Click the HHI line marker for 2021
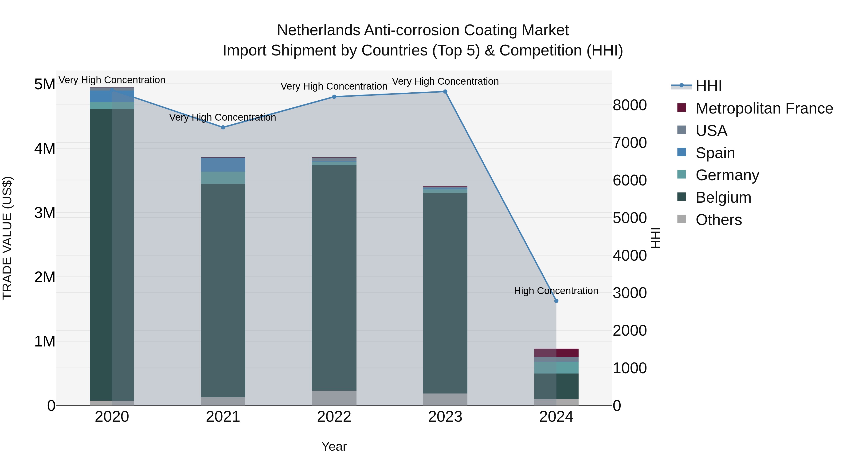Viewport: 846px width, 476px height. pos(223,127)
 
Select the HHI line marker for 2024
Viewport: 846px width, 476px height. pos(556,301)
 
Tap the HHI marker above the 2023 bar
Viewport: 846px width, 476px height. pos(445,92)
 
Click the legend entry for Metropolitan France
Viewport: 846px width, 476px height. pos(764,108)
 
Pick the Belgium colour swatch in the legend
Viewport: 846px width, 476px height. pos(681,197)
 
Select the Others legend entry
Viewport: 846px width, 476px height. pos(719,220)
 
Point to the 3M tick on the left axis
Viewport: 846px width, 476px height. pos(45,213)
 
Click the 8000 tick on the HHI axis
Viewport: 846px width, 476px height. pos(630,106)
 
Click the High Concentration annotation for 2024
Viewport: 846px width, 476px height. pos(556,291)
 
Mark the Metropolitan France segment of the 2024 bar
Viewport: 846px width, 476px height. pos(556,353)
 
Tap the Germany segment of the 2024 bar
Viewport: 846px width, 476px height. pos(556,368)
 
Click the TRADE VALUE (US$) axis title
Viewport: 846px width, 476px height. pos(7,238)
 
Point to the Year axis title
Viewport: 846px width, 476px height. pos(334,446)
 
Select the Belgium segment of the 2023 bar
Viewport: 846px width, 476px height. pos(445,292)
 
